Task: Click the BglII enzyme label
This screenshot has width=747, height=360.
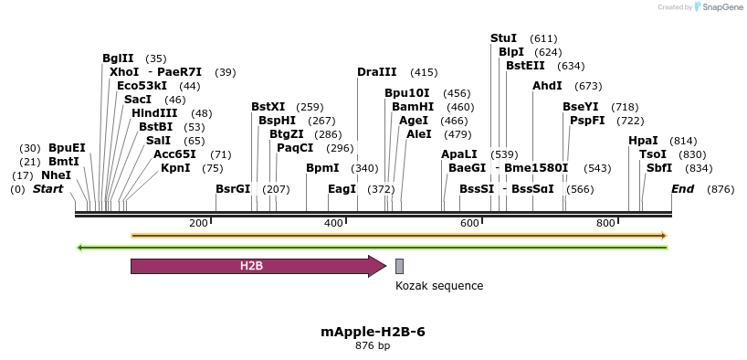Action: click(118, 58)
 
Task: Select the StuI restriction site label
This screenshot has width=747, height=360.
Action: click(503, 38)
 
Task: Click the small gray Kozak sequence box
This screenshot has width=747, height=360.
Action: click(399, 266)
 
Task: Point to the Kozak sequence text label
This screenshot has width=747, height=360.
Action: click(439, 286)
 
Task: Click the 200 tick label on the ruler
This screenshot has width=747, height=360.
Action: click(198, 223)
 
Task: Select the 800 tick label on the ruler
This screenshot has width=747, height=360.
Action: click(605, 223)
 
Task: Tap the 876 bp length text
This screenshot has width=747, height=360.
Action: click(373, 346)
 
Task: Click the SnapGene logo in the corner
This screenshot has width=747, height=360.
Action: click(721, 7)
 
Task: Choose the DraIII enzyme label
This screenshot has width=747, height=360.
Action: click(377, 72)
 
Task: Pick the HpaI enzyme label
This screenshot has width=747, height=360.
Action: click(643, 141)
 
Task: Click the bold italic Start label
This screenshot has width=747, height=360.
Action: click(48, 189)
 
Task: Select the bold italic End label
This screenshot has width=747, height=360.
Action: click(683, 189)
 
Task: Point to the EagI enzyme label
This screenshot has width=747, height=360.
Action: click(342, 189)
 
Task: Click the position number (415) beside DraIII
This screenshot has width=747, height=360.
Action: click(424, 72)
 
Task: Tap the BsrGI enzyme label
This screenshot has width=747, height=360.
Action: click(233, 189)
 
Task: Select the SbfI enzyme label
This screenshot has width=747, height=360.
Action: click(659, 168)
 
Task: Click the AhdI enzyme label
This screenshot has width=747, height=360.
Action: click(548, 86)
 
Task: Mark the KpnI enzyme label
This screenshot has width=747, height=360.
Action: click(175, 168)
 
